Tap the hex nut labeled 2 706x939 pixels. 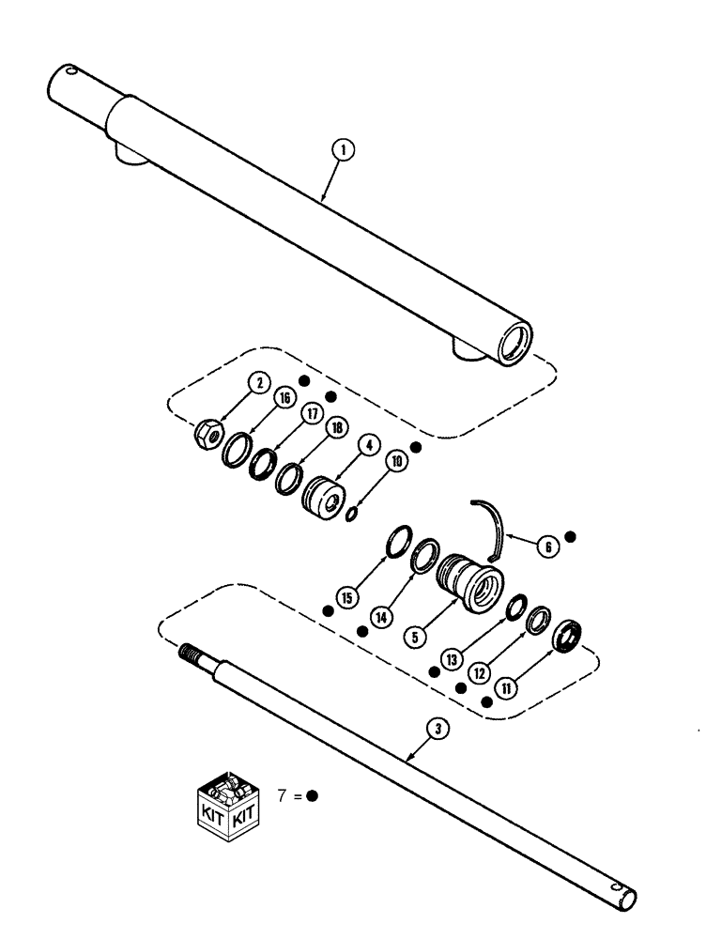(208, 435)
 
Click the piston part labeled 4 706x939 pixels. (320, 496)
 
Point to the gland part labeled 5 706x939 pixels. (469, 575)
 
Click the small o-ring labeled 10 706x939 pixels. (352, 514)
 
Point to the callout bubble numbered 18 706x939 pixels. (332, 428)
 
